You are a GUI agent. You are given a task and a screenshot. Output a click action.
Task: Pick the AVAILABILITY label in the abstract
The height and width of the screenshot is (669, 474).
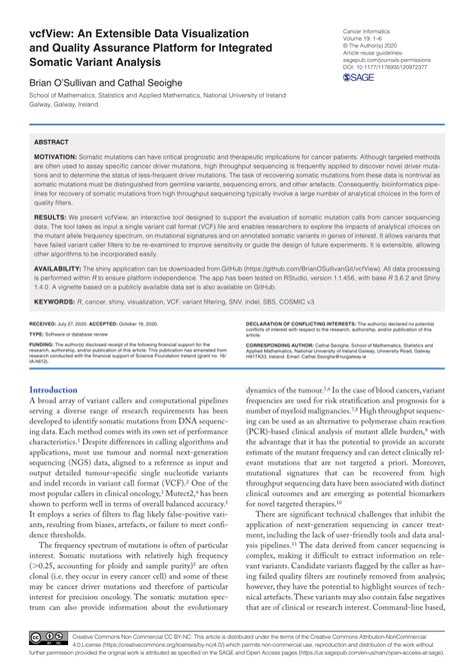tap(62, 268)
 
